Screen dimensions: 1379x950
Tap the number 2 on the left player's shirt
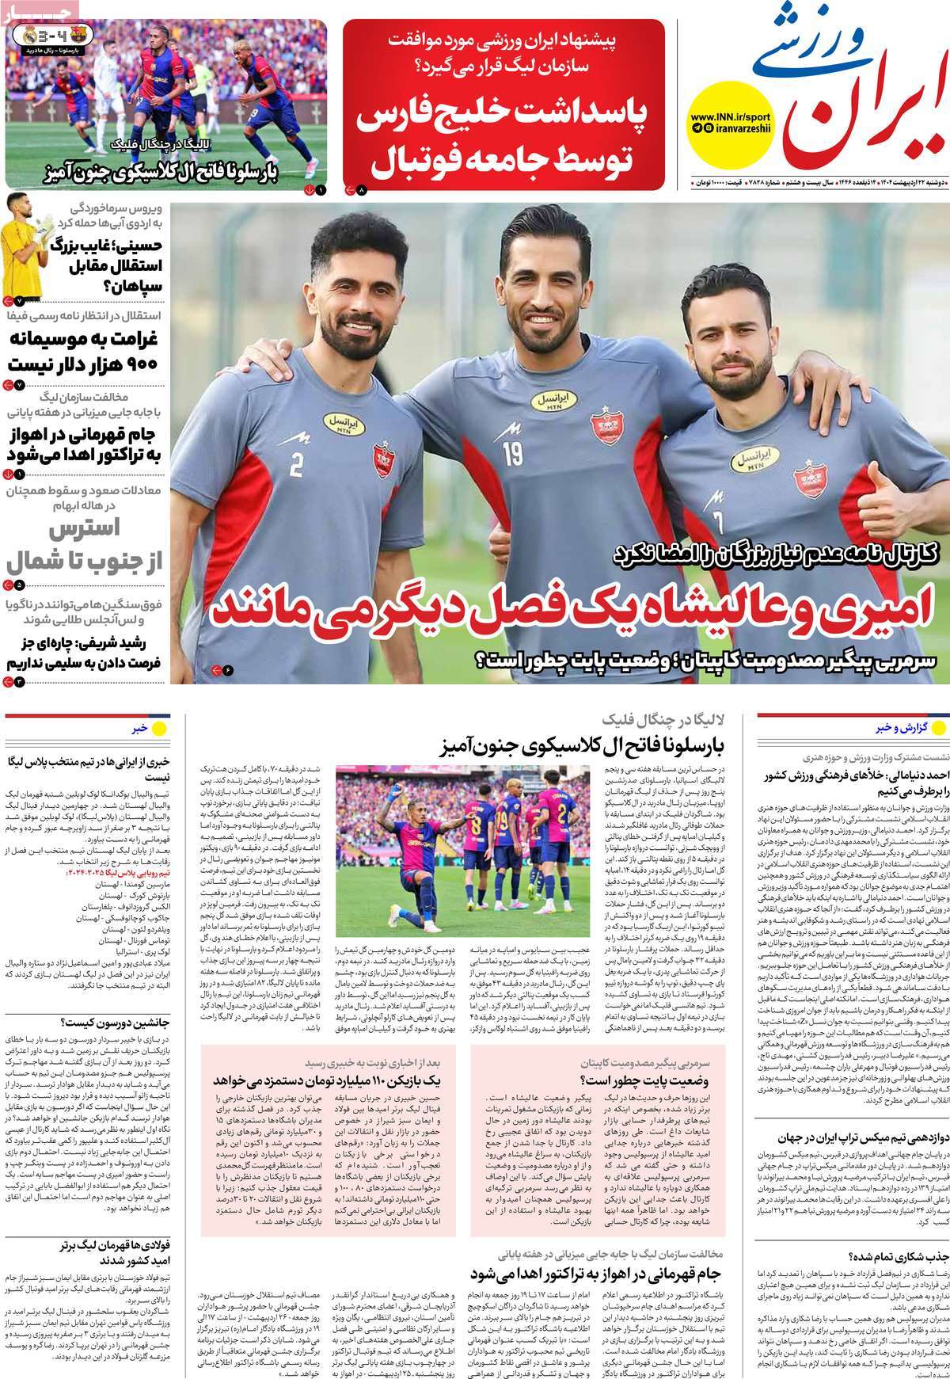(296, 463)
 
